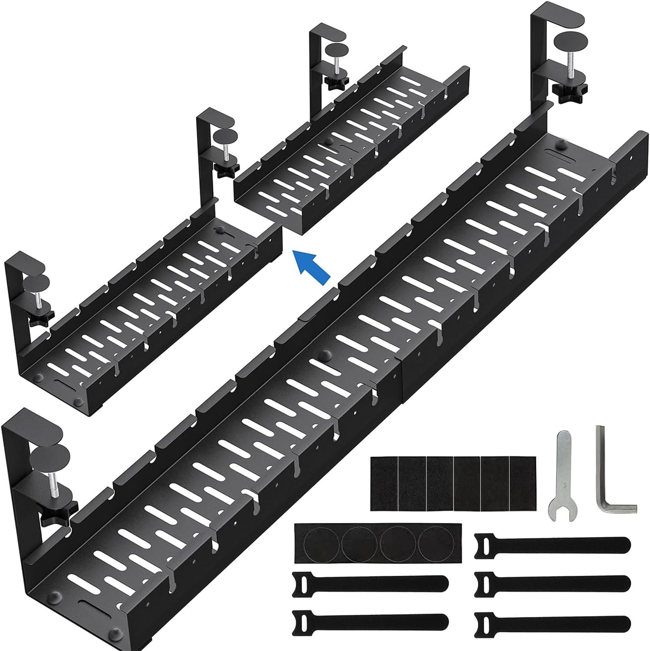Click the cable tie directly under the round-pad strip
point(370,582)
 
